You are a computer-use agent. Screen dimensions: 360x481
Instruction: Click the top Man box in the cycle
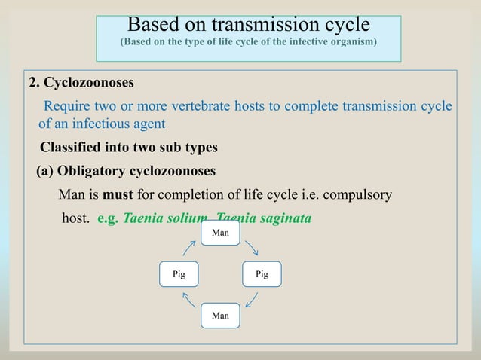pyautogui.click(x=220, y=233)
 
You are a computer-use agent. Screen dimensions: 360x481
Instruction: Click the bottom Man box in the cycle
pyautogui.click(x=220, y=315)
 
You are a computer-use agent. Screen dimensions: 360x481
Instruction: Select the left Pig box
pyautogui.click(x=179, y=274)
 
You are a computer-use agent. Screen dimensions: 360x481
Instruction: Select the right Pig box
pyautogui.click(x=262, y=274)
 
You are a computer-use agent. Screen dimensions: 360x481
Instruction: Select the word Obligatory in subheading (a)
pyautogui.click(x=94, y=169)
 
